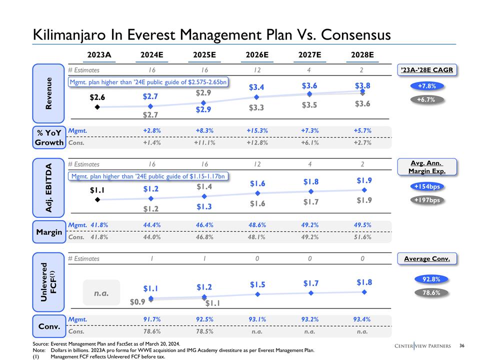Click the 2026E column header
(x=257, y=54)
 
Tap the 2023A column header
(x=99, y=54)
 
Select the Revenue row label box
(x=48, y=93)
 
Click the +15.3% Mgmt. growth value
(x=257, y=131)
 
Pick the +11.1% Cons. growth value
(x=204, y=142)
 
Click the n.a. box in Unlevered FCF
(x=101, y=292)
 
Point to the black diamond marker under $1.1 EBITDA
(x=97, y=199)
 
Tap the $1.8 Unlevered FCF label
(x=363, y=282)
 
